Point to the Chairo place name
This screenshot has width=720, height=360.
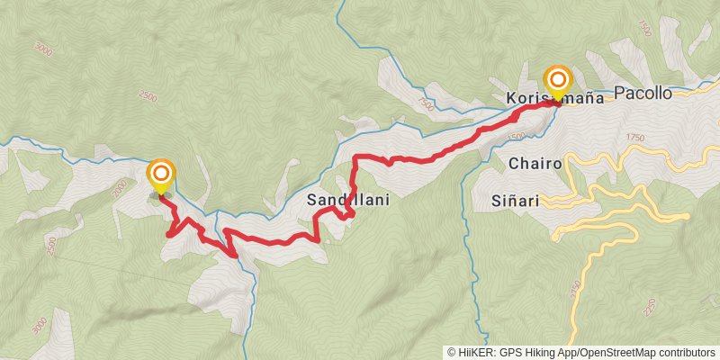point(535,164)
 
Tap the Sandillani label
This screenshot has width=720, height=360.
point(348,200)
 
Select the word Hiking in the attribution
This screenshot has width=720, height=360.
point(544,353)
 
